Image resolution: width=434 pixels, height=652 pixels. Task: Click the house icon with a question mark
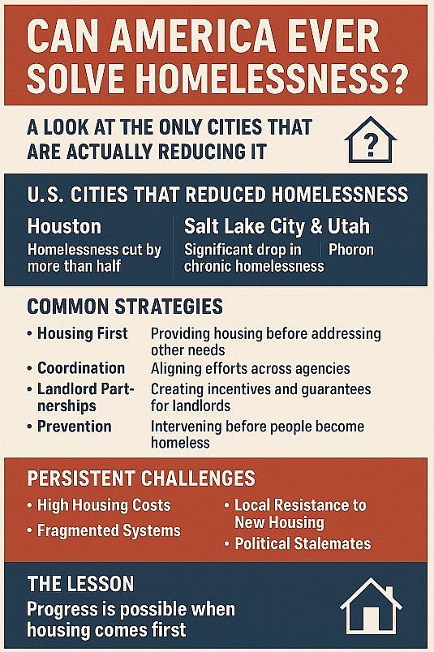[371, 140]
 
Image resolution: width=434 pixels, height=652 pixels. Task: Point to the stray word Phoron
[351, 250]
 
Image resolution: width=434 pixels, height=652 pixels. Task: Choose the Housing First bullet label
[82, 333]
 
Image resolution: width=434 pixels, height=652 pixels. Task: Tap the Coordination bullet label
[81, 368]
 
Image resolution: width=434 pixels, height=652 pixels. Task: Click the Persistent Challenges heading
[141, 478]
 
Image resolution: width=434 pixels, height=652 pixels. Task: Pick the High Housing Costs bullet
[104, 505]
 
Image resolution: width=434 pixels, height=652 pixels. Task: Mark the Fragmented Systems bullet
[109, 531]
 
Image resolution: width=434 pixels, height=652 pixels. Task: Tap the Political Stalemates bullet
[303, 543]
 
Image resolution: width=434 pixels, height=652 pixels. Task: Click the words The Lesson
[80, 584]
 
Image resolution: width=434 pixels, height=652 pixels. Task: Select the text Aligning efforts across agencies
[251, 368]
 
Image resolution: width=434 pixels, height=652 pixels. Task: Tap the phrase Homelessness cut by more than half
[94, 258]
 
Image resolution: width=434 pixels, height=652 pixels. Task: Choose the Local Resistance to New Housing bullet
[300, 513]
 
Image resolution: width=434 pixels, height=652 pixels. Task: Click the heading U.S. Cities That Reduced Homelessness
[217, 195]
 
